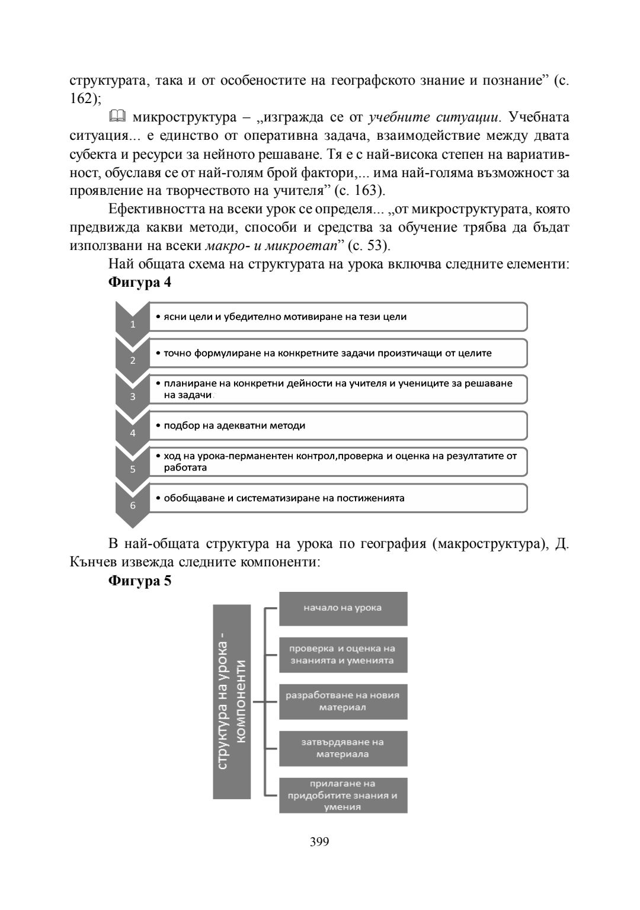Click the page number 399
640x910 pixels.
[319, 841]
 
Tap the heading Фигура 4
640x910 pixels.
[140, 283]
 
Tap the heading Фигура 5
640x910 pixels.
[140, 581]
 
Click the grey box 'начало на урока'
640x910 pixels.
[343, 608]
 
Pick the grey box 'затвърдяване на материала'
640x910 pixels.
[343, 748]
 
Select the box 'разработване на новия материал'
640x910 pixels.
[343, 701]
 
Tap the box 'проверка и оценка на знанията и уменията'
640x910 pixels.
[343, 655]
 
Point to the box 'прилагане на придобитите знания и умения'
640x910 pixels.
[343, 795]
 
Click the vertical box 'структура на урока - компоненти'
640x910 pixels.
[232, 701]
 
